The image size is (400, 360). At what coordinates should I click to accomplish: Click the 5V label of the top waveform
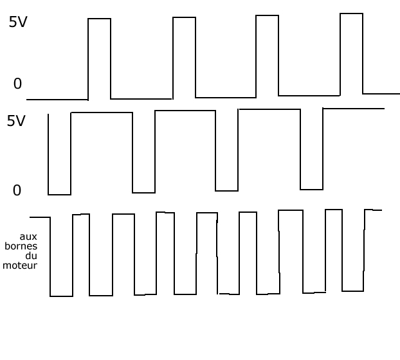coord(18,22)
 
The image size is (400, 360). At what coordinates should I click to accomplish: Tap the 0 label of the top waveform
coord(17,84)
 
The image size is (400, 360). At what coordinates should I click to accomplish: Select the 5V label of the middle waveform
coord(16,121)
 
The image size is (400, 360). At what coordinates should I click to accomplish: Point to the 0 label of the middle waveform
coord(17,190)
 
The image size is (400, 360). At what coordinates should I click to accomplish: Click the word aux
coord(28,237)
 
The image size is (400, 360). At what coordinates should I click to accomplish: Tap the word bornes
coord(21,246)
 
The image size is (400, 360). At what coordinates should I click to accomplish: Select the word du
coord(32,255)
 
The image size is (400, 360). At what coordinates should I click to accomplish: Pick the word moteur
coord(20,264)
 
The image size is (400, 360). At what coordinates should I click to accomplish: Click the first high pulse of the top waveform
coord(99,58)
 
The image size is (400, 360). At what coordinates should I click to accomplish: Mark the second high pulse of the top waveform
coord(184,57)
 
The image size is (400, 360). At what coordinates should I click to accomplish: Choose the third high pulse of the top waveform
coord(268,55)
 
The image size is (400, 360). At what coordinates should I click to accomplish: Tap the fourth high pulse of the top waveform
coord(351,53)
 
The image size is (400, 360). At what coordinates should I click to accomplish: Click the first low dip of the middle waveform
coord(59,154)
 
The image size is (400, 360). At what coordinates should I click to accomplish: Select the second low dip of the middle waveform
coord(143,152)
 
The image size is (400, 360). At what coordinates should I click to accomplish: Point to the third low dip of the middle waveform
coord(226,151)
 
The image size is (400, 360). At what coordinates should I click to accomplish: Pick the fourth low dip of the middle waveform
coord(311,150)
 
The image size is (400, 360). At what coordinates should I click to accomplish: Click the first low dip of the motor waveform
coord(61,257)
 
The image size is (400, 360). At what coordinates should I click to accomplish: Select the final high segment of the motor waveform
coord(373,210)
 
